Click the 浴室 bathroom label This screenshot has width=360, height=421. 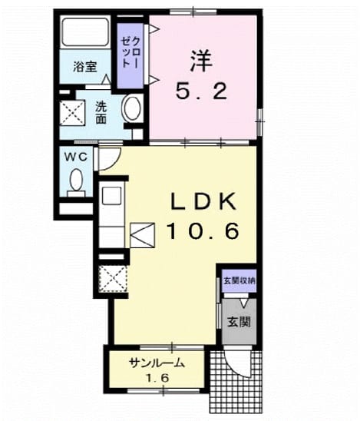[85, 67]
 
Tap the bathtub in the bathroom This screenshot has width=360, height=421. [85, 32]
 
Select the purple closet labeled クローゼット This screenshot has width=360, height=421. [130, 56]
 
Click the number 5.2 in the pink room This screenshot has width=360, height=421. [202, 91]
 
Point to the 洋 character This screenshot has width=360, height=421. [201, 61]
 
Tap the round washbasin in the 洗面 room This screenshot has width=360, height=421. [131, 108]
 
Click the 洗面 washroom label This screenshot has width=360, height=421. [101, 113]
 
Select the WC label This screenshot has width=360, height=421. [77, 157]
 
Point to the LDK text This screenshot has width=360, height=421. [204, 201]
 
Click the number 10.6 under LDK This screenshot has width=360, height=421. [203, 230]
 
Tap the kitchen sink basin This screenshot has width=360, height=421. [111, 196]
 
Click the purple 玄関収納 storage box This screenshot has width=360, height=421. [239, 281]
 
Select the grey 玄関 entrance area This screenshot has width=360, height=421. [239, 321]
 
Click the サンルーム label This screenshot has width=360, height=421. [157, 363]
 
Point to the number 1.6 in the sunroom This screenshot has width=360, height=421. [157, 378]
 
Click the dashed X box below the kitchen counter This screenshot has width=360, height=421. [112, 279]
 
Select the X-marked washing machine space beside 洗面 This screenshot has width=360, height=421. [72, 113]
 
